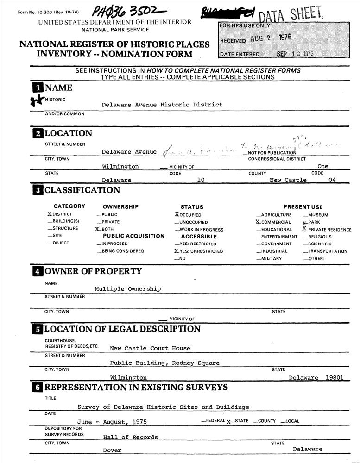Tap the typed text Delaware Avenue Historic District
tap(162, 105)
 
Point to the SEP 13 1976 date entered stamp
tap(295, 54)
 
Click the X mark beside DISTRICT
tap(50, 214)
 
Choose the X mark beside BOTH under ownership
tap(97, 229)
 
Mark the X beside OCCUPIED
tap(177, 214)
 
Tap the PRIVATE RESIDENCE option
tap(329, 229)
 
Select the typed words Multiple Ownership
tap(128, 288)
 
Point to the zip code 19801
tap(335, 378)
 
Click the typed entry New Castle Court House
tap(150, 348)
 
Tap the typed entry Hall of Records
tap(130, 437)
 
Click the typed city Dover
tap(112, 450)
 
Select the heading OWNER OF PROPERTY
tap(93, 271)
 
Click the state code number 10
tap(201, 180)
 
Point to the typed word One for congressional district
tap(322, 166)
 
